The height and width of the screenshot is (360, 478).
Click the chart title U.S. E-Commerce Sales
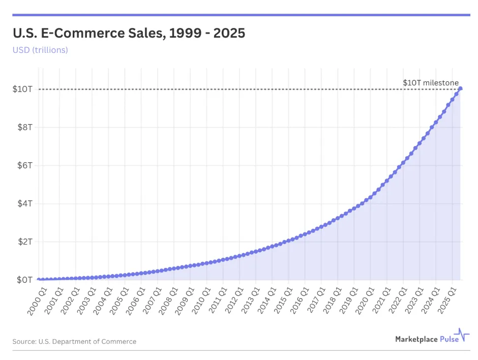(x=129, y=34)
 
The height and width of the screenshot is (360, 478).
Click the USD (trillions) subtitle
(x=40, y=50)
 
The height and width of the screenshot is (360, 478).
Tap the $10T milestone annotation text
(x=430, y=82)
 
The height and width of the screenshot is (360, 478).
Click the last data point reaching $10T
(x=460, y=88)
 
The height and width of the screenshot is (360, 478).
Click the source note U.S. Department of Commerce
(x=74, y=342)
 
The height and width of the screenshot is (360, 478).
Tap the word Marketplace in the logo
(x=416, y=339)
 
